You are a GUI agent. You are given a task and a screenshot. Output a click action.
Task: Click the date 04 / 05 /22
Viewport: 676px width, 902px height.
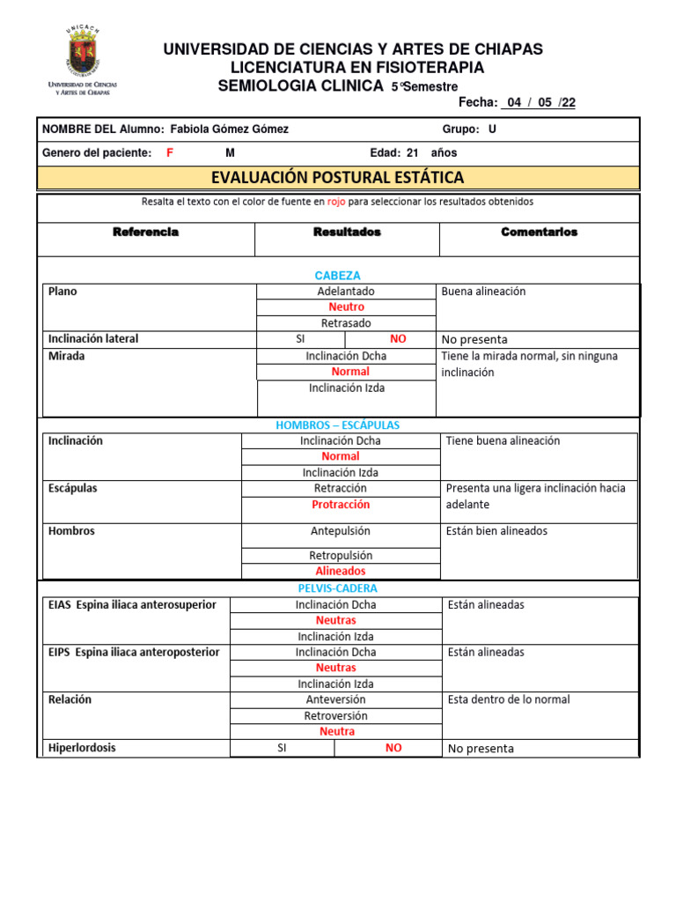coord(539,102)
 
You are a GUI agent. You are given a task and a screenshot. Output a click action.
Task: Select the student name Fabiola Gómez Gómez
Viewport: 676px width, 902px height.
coord(229,129)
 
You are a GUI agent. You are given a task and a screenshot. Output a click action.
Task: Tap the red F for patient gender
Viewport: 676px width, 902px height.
coord(170,152)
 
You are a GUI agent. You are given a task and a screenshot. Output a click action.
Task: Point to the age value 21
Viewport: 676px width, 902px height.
coord(412,152)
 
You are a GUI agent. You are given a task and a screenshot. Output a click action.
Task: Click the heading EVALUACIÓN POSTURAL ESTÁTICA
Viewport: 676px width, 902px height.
coord(338,178)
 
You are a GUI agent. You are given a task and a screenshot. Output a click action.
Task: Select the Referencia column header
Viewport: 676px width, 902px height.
coord(146,232)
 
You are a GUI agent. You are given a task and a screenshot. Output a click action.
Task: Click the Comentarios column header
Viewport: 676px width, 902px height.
coord(539,232)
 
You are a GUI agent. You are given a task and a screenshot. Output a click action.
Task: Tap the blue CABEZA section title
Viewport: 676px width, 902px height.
coord(338,275)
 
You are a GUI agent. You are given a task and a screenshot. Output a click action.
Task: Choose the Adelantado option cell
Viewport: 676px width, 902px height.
coord(346,292)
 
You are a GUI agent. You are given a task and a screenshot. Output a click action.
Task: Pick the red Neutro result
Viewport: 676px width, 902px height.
coord(346,307)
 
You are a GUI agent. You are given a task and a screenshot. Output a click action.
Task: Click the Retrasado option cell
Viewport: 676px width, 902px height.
coord(346,323)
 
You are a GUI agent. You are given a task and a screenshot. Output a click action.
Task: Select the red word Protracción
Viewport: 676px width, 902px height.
coord(341,505)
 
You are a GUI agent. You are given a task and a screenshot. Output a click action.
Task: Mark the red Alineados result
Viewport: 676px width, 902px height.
coord(341,571)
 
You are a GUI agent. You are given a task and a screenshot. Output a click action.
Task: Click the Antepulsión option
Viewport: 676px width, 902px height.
coord(341,531)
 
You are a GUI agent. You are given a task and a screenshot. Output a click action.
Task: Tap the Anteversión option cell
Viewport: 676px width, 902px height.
coord(336,699)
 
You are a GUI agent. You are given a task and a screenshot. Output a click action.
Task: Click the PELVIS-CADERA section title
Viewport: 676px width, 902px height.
coord(338,588)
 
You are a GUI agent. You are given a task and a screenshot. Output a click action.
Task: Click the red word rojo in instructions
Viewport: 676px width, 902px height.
coord(335,202)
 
